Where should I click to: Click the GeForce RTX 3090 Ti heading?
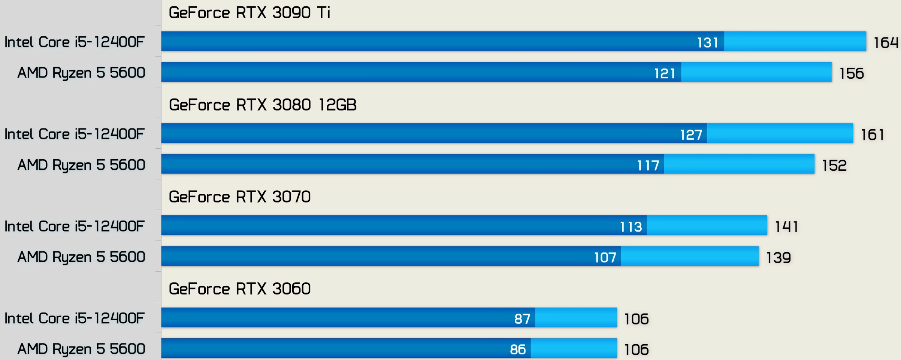(x=250, y=13)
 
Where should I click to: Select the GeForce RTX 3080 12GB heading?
(x=262, y=105)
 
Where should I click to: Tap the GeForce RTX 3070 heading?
(x=240, y=197)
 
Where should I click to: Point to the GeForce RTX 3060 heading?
(x=240, y=289)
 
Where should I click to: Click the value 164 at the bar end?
(x=886, y=43)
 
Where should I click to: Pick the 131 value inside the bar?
(x=707, y=43)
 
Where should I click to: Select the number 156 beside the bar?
(x=852, y=73)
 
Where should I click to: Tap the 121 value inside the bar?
(x=665, y=73)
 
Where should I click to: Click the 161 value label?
(x=873, y=135)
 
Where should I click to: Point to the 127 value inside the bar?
(x=691, y=135)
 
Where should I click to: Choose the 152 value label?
(x=834, y=166)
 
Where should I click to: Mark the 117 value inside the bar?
(x=648, y=166)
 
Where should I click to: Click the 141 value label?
(x=786, y=227)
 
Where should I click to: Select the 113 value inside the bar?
(x=631, y=227)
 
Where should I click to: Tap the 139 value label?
(x=778, y=258)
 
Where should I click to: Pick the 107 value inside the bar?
(x=605, y=258)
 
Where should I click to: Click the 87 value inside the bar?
(x=522, y=319)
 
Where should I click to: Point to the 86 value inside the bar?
(x=518, y=350)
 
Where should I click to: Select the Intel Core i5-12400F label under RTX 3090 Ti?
(x=74, y=42)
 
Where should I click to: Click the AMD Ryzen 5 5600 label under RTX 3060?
(x=81, y=349)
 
